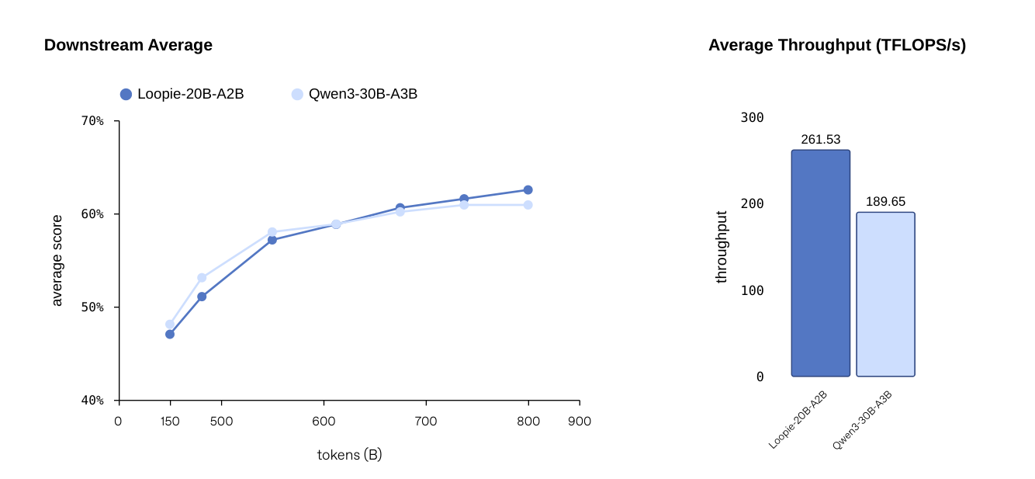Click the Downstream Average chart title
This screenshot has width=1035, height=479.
128,45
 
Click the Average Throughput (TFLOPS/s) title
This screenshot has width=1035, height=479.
837,45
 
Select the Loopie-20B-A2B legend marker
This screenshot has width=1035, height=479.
126,94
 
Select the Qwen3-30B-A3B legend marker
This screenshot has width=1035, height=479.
297,94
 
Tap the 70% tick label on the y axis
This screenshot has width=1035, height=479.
92,121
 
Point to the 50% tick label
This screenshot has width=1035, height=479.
92,307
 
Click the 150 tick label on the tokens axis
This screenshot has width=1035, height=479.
170,422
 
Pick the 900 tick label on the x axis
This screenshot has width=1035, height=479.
580,422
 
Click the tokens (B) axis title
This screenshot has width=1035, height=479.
349,455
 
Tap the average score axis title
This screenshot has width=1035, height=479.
57,260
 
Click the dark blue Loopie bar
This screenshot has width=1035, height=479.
821,263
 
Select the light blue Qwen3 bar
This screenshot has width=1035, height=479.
885,294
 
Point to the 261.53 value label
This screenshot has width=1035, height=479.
821,140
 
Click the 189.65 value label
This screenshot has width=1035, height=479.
885,202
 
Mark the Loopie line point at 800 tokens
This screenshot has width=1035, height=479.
528,190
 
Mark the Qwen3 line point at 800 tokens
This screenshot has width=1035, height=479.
528,205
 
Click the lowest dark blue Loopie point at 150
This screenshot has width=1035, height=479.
170,335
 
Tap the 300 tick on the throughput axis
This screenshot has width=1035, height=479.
753,118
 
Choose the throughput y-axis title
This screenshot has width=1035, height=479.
722,247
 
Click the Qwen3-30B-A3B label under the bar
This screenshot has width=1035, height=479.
862,420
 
